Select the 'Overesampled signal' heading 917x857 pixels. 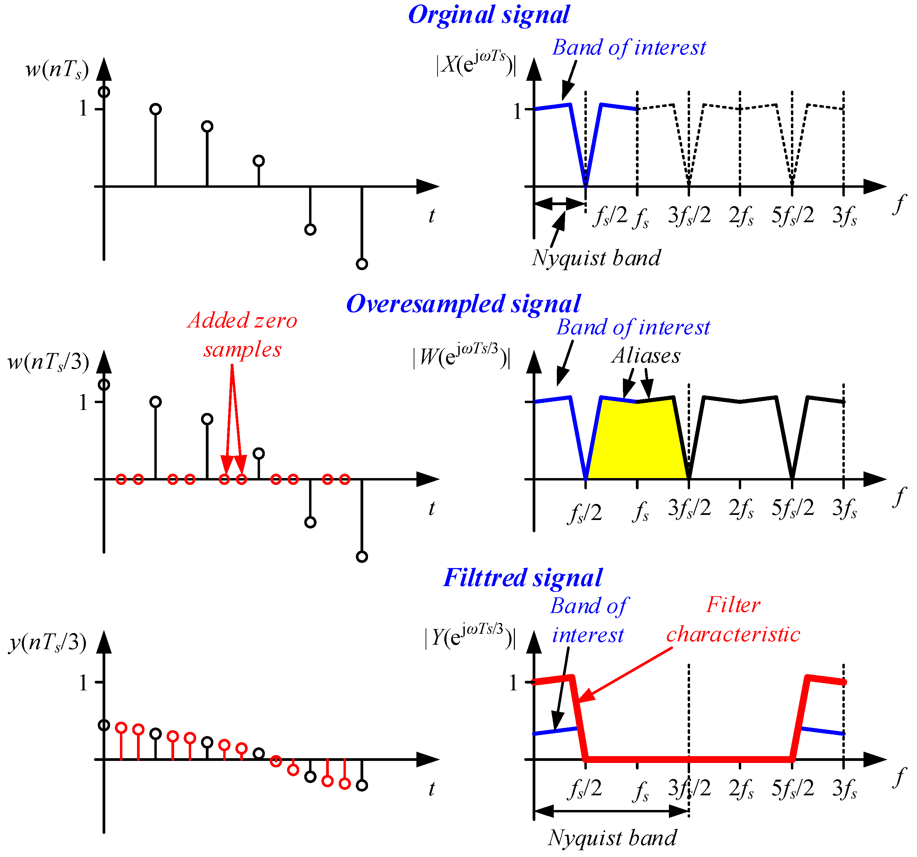[463, 304]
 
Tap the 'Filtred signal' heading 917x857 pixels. [523, 578]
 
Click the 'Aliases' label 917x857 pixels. [646, 356]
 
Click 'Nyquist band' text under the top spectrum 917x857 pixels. [596, 258]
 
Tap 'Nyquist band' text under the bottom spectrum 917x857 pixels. [612, 838]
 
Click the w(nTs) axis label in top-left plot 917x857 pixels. [57, 70]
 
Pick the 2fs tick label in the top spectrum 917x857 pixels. [741, 215]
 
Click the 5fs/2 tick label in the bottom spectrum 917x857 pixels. [793, 789]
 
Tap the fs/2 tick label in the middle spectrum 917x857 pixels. [584, 512]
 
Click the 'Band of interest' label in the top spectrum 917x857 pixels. [629, 47]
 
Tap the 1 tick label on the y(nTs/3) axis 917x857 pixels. [83, 683]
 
